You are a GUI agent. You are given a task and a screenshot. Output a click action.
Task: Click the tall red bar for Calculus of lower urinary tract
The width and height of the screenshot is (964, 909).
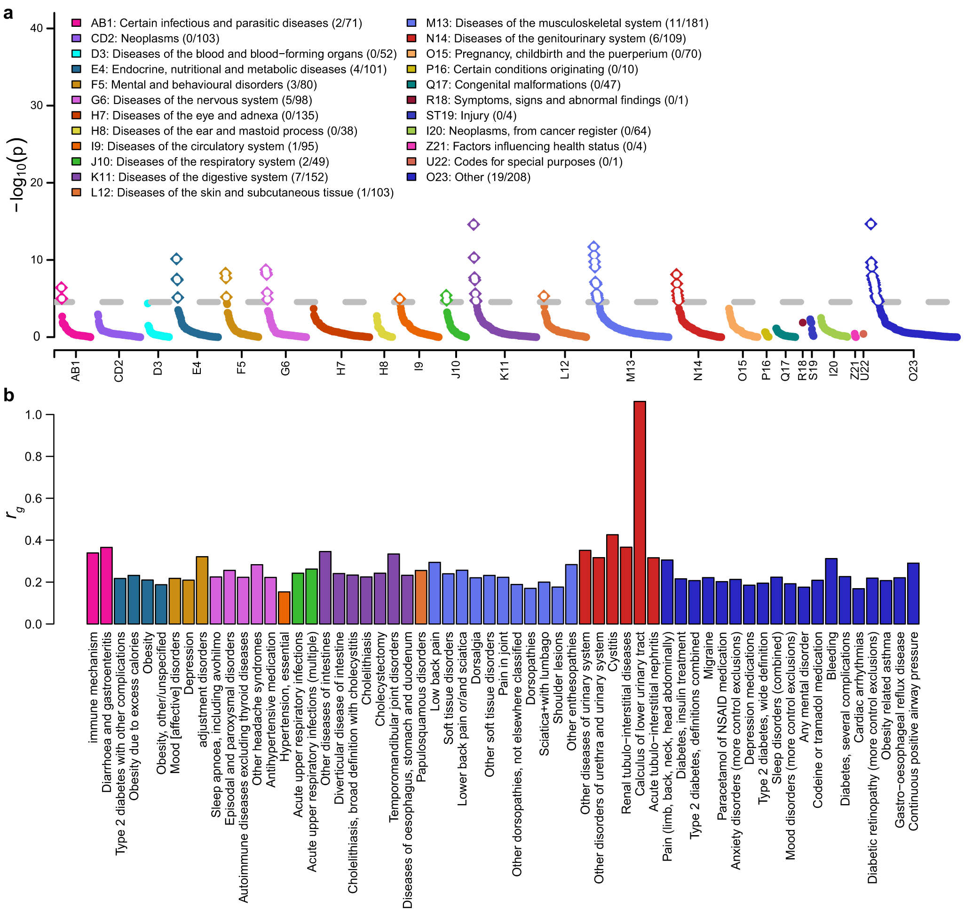coord(640,512)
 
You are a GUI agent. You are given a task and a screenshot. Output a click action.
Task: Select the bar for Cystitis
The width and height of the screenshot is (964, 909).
coord(612,579)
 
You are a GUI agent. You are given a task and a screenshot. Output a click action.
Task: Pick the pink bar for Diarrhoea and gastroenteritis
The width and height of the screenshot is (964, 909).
coord(106,585)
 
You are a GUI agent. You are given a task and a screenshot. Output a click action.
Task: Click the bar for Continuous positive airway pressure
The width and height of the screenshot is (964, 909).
coord(913,593)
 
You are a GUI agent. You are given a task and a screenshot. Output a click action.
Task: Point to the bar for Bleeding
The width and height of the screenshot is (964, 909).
coord(831,591)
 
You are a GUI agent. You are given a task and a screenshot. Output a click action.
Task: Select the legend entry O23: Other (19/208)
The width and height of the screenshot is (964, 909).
coord(478,177)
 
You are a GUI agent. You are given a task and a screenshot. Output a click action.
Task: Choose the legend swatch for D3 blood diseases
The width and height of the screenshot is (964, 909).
coord(76,54)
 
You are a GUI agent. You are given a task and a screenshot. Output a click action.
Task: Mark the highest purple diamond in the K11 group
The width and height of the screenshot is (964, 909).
coord(473,224)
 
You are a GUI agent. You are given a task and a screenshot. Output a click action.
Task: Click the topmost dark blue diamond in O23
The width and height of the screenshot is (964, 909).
coord(871,223)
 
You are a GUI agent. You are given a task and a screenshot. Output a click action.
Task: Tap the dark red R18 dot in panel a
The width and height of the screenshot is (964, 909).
coord(803,323)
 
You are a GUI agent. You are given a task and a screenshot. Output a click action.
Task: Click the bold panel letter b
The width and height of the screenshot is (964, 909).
coord(8,395)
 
